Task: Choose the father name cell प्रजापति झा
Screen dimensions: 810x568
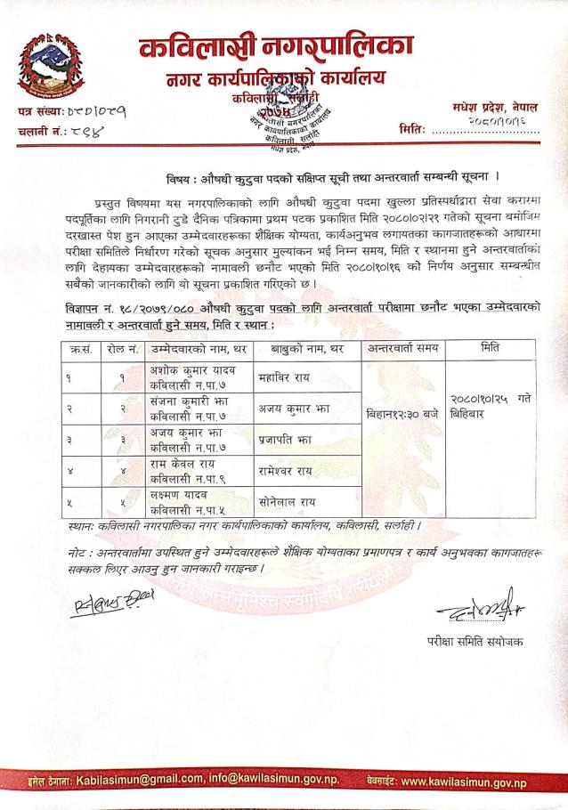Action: (284, 440)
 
